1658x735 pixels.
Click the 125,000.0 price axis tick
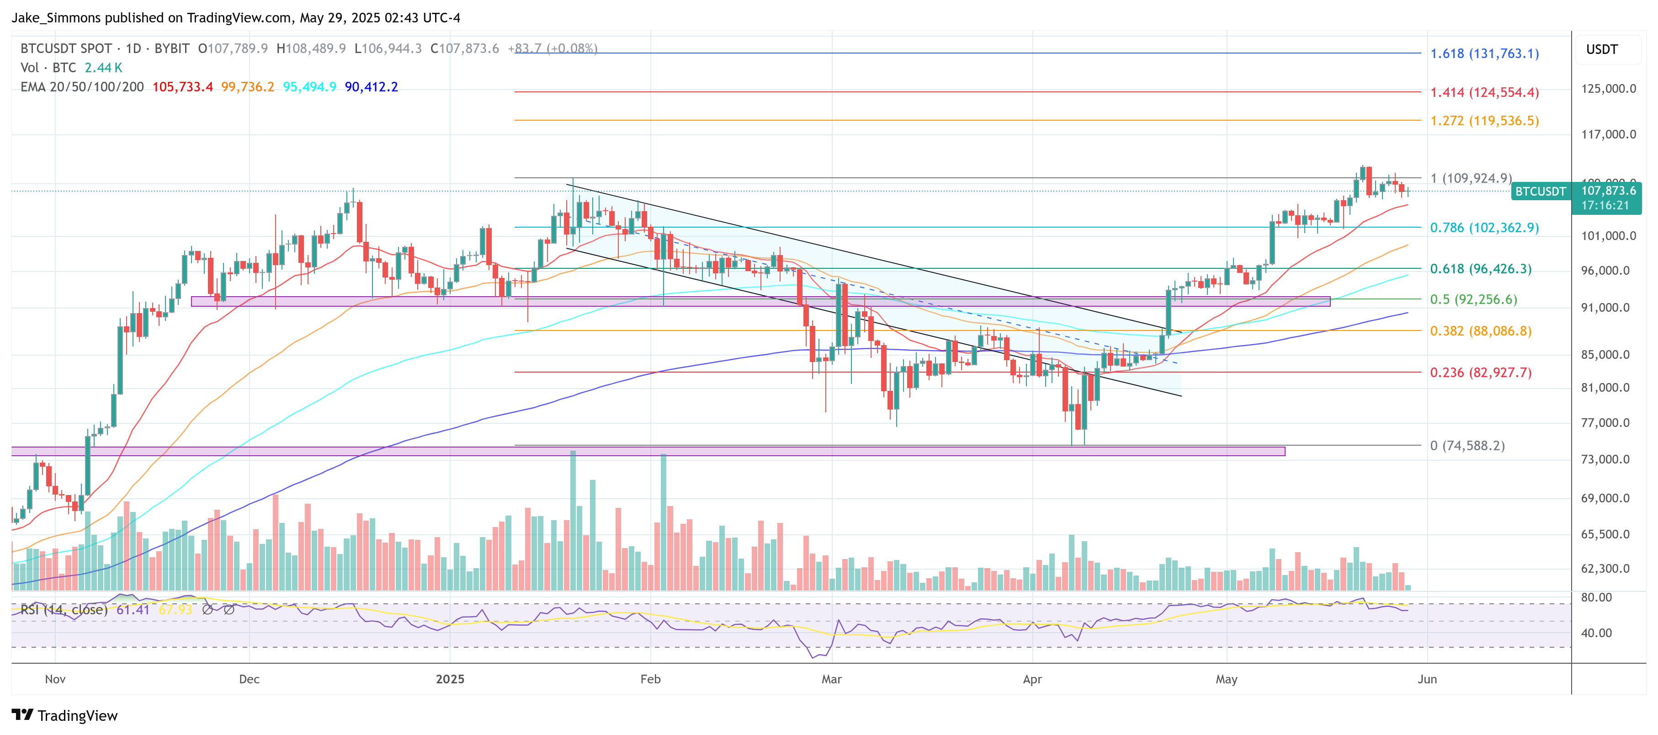1608,89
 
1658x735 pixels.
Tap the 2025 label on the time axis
450,679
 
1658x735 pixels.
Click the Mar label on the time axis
832,679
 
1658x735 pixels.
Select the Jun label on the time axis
1427,679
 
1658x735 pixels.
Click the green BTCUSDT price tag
1540,191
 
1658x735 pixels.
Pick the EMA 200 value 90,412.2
372,87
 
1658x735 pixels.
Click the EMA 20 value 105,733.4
182,87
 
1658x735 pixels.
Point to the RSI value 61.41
133,609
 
